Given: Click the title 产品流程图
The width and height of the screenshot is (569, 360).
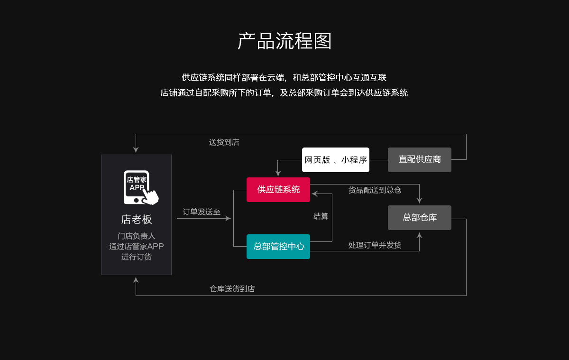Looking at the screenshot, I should (x=284, y=41).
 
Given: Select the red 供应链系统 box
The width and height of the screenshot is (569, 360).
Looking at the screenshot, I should (x=278, y=190).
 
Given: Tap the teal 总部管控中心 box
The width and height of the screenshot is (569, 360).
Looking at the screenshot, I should (x=278, y=247).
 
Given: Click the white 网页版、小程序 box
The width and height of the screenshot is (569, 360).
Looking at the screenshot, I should (x=336, y=160).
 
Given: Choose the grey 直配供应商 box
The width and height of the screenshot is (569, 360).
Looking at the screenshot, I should (x=420, y=160).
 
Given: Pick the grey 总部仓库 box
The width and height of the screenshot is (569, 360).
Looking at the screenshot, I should (x=420, y=218).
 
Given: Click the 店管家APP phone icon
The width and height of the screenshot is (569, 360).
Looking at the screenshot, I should (x=139, y=187).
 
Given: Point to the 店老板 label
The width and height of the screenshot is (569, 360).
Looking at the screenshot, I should (x=137, y=220).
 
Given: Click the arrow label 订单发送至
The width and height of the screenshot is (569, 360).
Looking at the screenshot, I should (x=202, y=212).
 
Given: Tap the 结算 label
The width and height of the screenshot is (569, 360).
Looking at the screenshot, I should (x=321, y=216).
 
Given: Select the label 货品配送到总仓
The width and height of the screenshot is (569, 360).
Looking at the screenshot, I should (x=375, y=190).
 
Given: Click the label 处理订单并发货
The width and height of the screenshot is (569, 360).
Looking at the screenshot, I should (x=375, y=245).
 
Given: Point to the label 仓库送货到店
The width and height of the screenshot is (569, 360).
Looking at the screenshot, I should (x=232, y=289).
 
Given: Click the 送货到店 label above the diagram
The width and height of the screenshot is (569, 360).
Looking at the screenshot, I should (x=224, y=142).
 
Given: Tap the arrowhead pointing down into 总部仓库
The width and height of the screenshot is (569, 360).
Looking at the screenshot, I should (x=419, y=201).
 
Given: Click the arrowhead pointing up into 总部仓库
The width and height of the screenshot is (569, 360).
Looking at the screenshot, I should (x=419, y=235).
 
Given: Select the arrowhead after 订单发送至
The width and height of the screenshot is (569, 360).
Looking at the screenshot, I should (x=228, y=219).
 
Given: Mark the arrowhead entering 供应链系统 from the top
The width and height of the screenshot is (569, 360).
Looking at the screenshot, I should (x=278, y=174).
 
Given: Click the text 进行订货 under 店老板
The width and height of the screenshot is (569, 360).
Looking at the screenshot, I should (x=137, y=257).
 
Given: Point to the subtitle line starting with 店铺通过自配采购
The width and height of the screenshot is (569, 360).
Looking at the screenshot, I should (x=284, y=93).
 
